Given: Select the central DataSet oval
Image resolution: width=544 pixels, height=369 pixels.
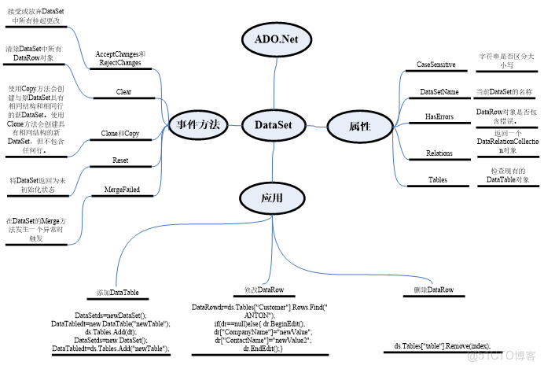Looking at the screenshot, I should (x=274, y=124).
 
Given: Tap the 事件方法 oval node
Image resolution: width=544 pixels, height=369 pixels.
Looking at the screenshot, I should (x=197, y=124).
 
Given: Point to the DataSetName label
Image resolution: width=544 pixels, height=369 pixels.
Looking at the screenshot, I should (x=439, y=92).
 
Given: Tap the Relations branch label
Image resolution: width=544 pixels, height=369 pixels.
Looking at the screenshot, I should (x=439, y=153).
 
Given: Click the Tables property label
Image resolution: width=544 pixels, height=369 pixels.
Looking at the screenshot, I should (x=438, y=179).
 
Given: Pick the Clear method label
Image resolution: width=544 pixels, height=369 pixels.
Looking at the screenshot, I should (x=123, y=92).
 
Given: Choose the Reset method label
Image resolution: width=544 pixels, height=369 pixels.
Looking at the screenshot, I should (x=120, y=161).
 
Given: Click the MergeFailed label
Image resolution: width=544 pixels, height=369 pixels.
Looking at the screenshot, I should (x=121, y=190).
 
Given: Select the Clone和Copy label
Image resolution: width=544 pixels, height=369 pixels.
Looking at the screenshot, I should (x=120, y=134).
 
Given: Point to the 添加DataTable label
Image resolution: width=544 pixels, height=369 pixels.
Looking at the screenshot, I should (x=117, y=293).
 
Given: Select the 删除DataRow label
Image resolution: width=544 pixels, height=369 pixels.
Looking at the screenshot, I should (x=433, y=290).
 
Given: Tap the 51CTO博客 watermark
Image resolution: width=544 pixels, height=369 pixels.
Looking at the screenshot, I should (x=503, y=356).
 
